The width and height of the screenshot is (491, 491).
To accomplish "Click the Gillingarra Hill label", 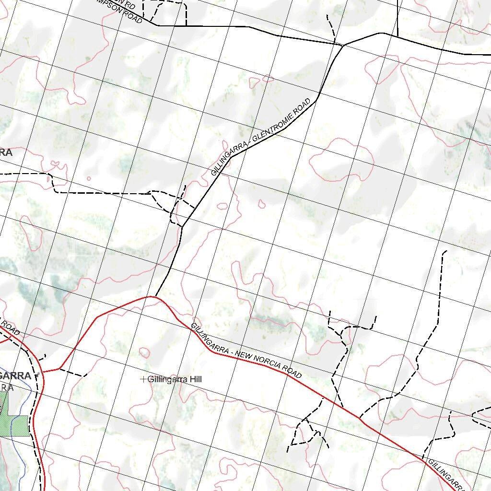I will point(175,379).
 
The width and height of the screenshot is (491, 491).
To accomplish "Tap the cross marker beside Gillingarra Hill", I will point(143,379).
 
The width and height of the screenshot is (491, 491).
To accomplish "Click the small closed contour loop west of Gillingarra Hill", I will point(144,352).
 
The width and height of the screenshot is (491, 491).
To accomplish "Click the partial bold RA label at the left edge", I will point(6,152).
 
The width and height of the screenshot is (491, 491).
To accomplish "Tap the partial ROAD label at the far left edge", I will point(10,328).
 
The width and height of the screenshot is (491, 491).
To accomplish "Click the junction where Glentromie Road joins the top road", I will point(343,45).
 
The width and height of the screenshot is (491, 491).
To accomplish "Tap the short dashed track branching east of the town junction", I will point(74,373).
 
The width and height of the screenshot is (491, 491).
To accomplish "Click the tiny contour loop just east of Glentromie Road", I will point(262,204).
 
